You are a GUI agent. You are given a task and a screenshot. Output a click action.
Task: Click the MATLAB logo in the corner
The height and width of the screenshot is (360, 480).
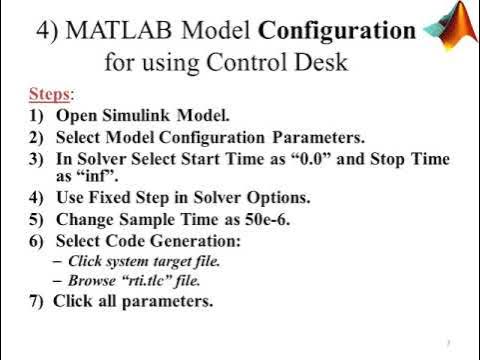click(451, 25)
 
